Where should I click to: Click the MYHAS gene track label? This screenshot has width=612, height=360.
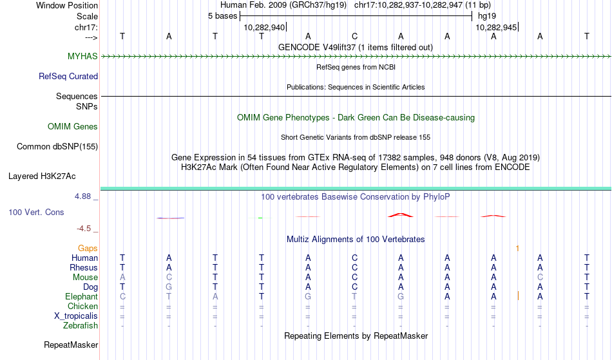click(82, 56)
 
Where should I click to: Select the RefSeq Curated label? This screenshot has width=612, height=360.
click(68, 76)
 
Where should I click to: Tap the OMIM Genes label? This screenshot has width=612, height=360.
click(73, 126)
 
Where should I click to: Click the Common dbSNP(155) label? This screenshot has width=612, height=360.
click(57, 146)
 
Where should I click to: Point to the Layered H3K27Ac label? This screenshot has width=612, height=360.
click(42, 176)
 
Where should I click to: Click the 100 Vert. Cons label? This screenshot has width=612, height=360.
click(36, 212)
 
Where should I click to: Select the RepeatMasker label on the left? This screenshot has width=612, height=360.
click(71, 345)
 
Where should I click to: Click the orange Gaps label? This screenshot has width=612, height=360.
click(88, 248)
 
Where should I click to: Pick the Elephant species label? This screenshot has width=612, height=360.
click(82, 296)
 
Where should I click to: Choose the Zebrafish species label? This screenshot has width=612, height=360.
click(81, 325)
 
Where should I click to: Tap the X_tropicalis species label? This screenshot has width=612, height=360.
click(76, 316)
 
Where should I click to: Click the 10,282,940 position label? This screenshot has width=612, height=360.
click(264, 27)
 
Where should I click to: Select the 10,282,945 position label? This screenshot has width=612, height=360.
click(496, 27)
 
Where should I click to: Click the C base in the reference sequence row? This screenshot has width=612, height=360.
click(354, 36)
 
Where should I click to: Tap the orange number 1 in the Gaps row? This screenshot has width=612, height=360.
click(517, 249)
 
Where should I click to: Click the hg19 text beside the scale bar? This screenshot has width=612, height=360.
click(487, 16)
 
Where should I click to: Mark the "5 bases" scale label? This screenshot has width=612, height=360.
click(222, 16)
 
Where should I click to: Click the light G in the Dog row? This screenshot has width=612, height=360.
click(169, 287)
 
